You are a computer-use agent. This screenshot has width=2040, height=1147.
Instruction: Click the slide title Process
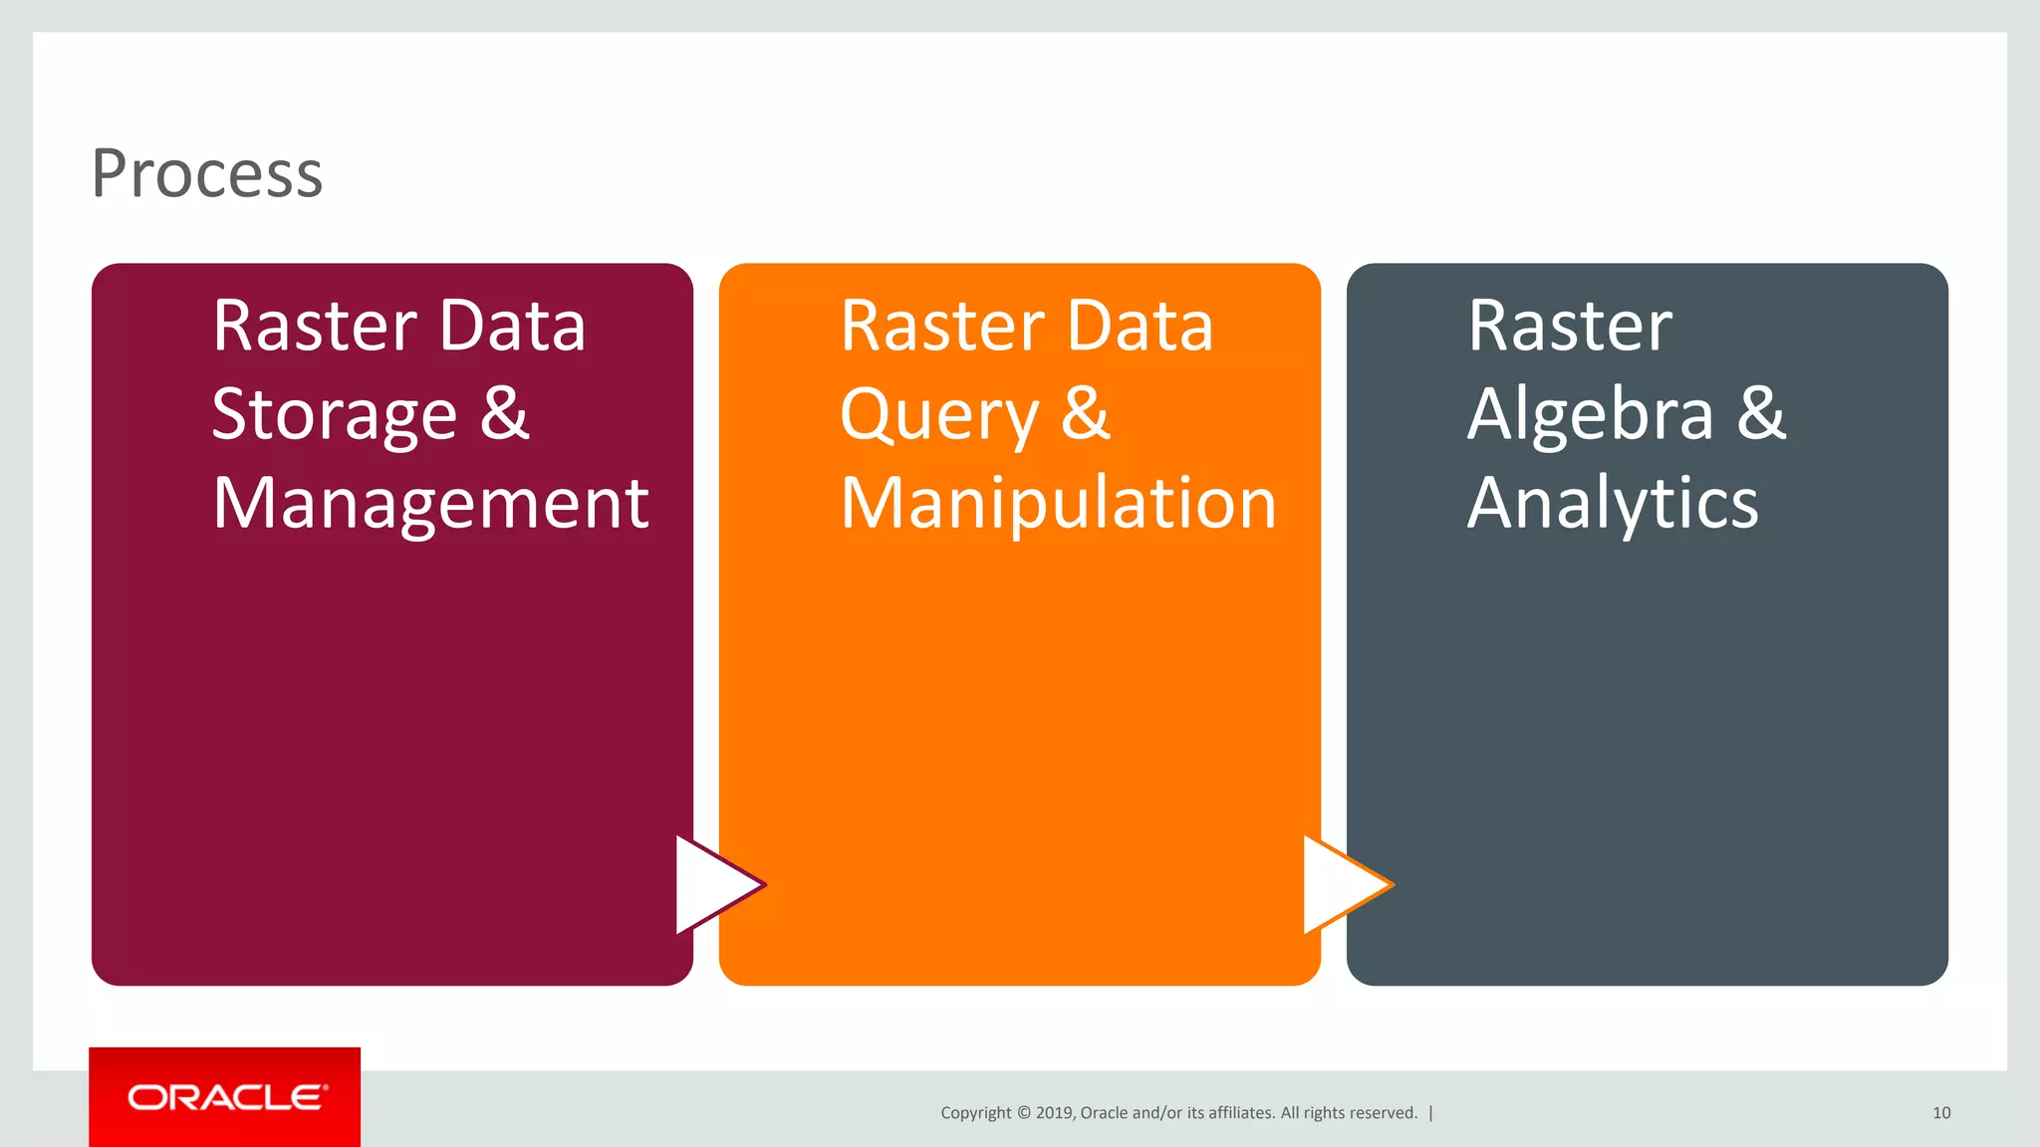point(207,173)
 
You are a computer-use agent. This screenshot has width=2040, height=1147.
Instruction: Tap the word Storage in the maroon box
point(335,414)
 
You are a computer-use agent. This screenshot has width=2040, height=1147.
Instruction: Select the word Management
point(430,504)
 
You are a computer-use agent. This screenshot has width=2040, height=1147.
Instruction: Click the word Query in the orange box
point(938,416)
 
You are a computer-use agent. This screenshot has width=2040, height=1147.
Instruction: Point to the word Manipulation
point(1058,504)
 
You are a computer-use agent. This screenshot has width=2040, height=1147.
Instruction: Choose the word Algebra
point(1591,414)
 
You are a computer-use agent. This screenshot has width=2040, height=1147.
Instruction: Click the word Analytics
point(1613,504)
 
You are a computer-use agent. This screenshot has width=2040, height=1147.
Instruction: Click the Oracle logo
point(225,1097)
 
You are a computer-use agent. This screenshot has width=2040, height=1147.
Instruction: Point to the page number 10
point(1941,1113)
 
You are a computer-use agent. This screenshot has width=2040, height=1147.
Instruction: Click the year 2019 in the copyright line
point(1054,1113)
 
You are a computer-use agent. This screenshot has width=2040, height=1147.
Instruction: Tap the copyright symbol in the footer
point(1023,1113)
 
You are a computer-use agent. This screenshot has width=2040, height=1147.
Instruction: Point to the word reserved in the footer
point(1385,1113)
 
